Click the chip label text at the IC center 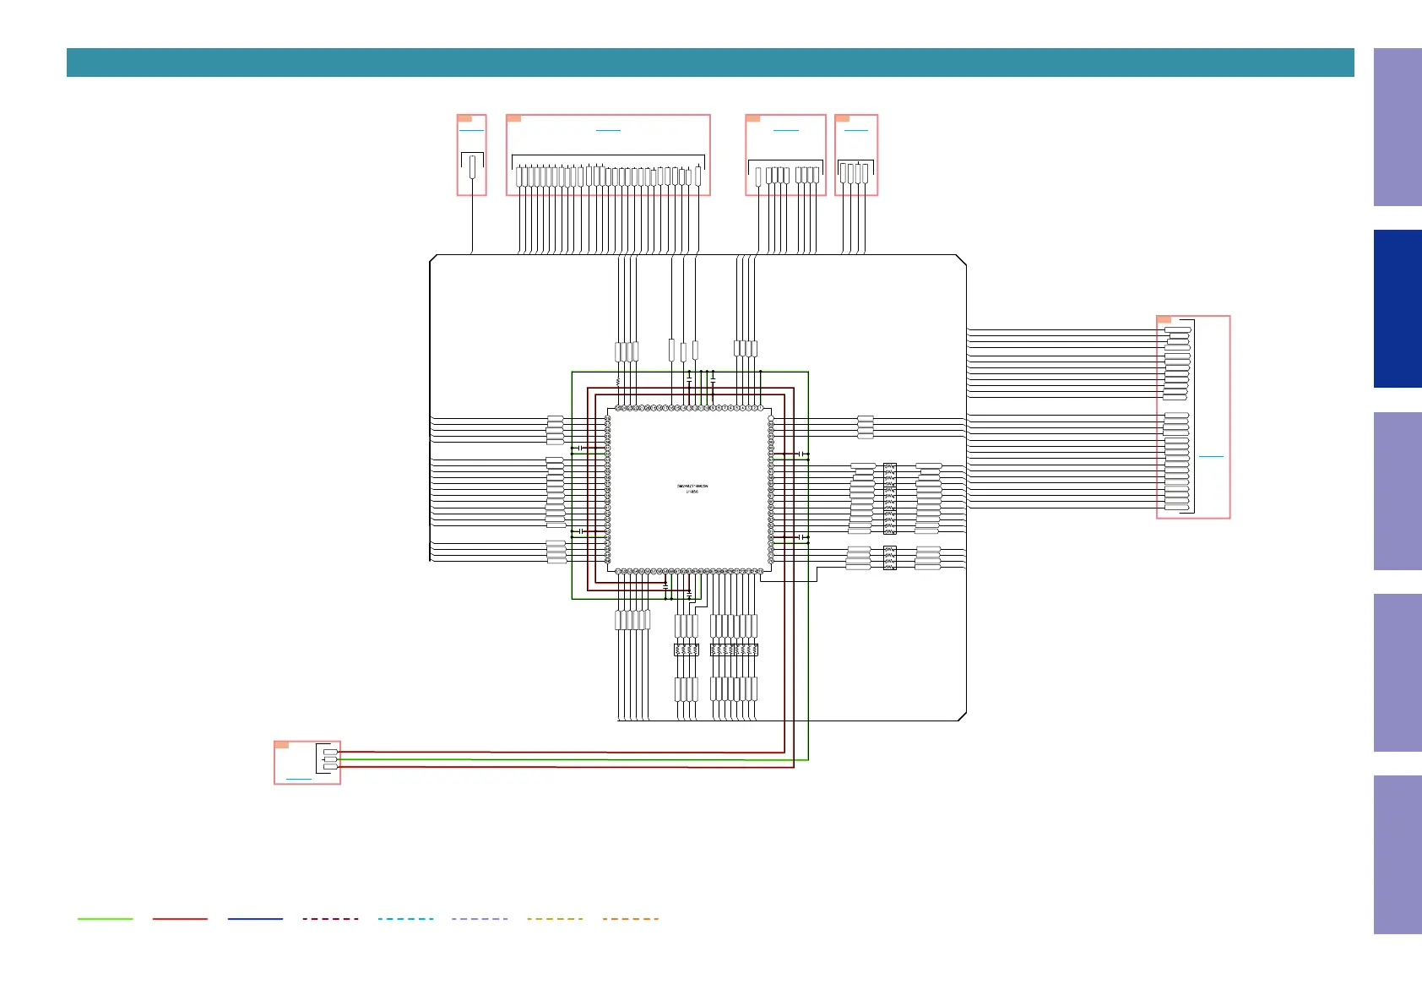coord(692,488)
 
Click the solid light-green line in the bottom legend coord(105,918)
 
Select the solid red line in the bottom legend coord(180,918)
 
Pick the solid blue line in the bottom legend coord(255,918)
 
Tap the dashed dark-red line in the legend coord(330,918)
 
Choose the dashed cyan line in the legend coord(405,918)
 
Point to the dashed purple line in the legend coord(480,918)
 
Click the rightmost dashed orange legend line coord(630,918)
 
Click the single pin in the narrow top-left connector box coord(472,166)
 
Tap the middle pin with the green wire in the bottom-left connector coord(330,759)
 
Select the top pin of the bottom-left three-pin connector coord(330,752)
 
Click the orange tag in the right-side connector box coord(1164,319)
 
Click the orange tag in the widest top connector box coord(513,118)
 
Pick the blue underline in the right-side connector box coord(1211,456)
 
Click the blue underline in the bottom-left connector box coord(299,778)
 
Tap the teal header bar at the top coord(709,63)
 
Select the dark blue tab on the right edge coord(1398,308)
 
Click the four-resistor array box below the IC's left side coord(686,650)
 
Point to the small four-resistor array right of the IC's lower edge coord(889,557)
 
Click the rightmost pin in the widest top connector coord(698,176)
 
